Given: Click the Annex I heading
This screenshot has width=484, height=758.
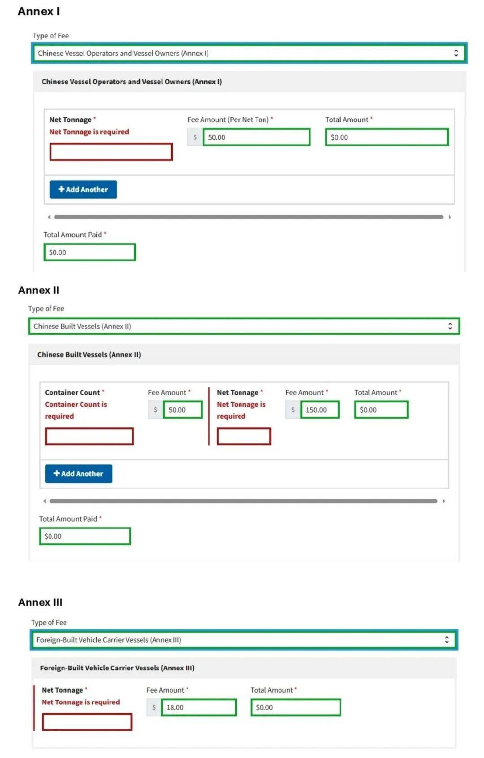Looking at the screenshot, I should [x=39, y=12].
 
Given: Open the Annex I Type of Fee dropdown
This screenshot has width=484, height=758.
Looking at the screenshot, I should [x=249, y=53].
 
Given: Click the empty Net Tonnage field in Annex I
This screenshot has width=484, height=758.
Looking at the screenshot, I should [x=111, y=152].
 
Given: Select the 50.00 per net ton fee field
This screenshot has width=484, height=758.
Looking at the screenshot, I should [x=256, y=137].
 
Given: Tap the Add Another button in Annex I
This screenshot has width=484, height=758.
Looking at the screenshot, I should [x=83, y=189].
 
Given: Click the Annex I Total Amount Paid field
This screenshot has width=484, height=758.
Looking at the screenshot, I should [x=89, y=252].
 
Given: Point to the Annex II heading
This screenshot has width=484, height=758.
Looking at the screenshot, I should [x=39, y=290].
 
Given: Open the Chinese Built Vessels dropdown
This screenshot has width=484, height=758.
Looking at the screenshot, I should [x=244, y=326].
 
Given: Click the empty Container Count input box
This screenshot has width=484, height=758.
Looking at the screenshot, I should [x=89, y=436].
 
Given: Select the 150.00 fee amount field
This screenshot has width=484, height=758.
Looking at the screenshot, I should [x=320, y=410].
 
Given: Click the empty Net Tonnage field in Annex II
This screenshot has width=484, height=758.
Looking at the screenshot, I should [x=244, y=436].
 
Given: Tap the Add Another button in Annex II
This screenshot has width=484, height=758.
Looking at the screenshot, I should [x=78, y=474].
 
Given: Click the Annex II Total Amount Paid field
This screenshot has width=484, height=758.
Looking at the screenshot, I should [x=85, y=536].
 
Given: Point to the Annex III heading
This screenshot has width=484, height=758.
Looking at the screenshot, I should [x=40, y=603].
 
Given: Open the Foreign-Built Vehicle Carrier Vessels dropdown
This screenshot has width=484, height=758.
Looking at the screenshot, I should [x=244, y=640].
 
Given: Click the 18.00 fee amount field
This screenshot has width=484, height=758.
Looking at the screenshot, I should [x=199, y=707].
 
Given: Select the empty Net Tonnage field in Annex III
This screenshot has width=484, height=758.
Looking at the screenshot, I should [x=87, y=722].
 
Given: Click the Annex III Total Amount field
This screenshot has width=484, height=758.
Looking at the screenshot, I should [x=295, y=707].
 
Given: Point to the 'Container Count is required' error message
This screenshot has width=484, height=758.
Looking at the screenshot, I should [x=76, y=410].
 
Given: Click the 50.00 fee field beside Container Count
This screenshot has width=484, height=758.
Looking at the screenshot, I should [x=182, y=410].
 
